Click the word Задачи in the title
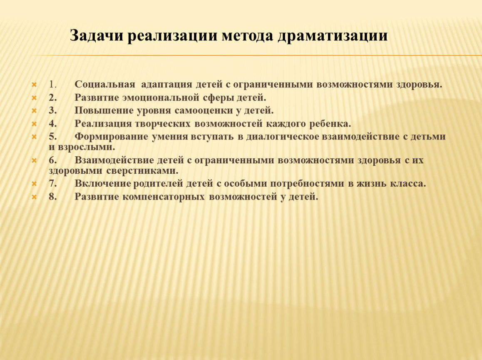pos(97,35)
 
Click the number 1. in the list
pos(52,84)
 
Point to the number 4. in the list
pos(52,124)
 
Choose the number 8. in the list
pos(52,196)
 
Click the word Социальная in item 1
pos(105,85)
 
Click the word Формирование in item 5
pos(111,137)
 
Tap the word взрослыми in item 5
pos(87,147)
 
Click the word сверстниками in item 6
pos(142,171)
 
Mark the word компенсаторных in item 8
pos(164,197)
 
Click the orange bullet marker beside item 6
pos(34,160)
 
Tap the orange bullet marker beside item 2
pos(34,98)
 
